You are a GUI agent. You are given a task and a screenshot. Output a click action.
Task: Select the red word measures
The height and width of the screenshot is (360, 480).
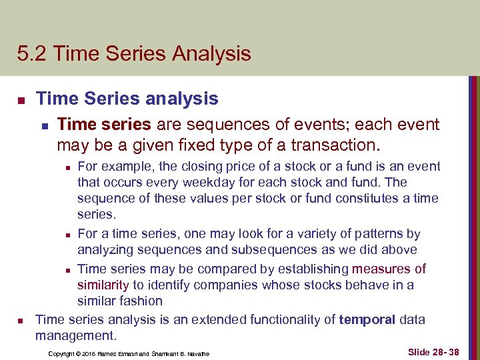[382, 269]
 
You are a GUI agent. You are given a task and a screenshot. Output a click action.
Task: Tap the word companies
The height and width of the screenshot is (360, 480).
[218, 285]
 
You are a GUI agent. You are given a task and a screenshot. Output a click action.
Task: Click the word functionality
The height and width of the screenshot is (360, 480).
[293, 320]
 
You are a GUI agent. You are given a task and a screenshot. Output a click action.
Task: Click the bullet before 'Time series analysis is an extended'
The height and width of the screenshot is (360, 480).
[21, 321]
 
